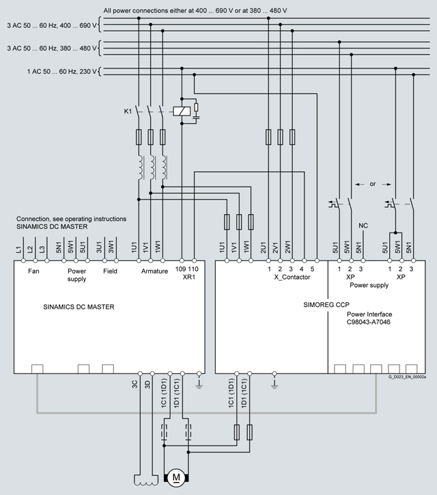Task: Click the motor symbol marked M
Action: pyautogui.click(x=175, y=475)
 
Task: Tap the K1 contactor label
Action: pyautogui.click(x=128, y=110)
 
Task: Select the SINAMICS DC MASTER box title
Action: pyautogui.click(x=78, y=307)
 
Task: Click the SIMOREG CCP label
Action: pyautogui.click(x=324, y=302)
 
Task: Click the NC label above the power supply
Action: pyautogui.click(x=363, y=226)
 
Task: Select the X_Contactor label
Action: pyautogui.click(x=292, y=278)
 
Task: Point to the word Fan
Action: pyautogui.click(x=34, y=271)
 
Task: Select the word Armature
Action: pyautogui.click(x=154, y=271)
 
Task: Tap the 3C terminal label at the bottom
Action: pyautogui.click(x=135, y=383)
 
